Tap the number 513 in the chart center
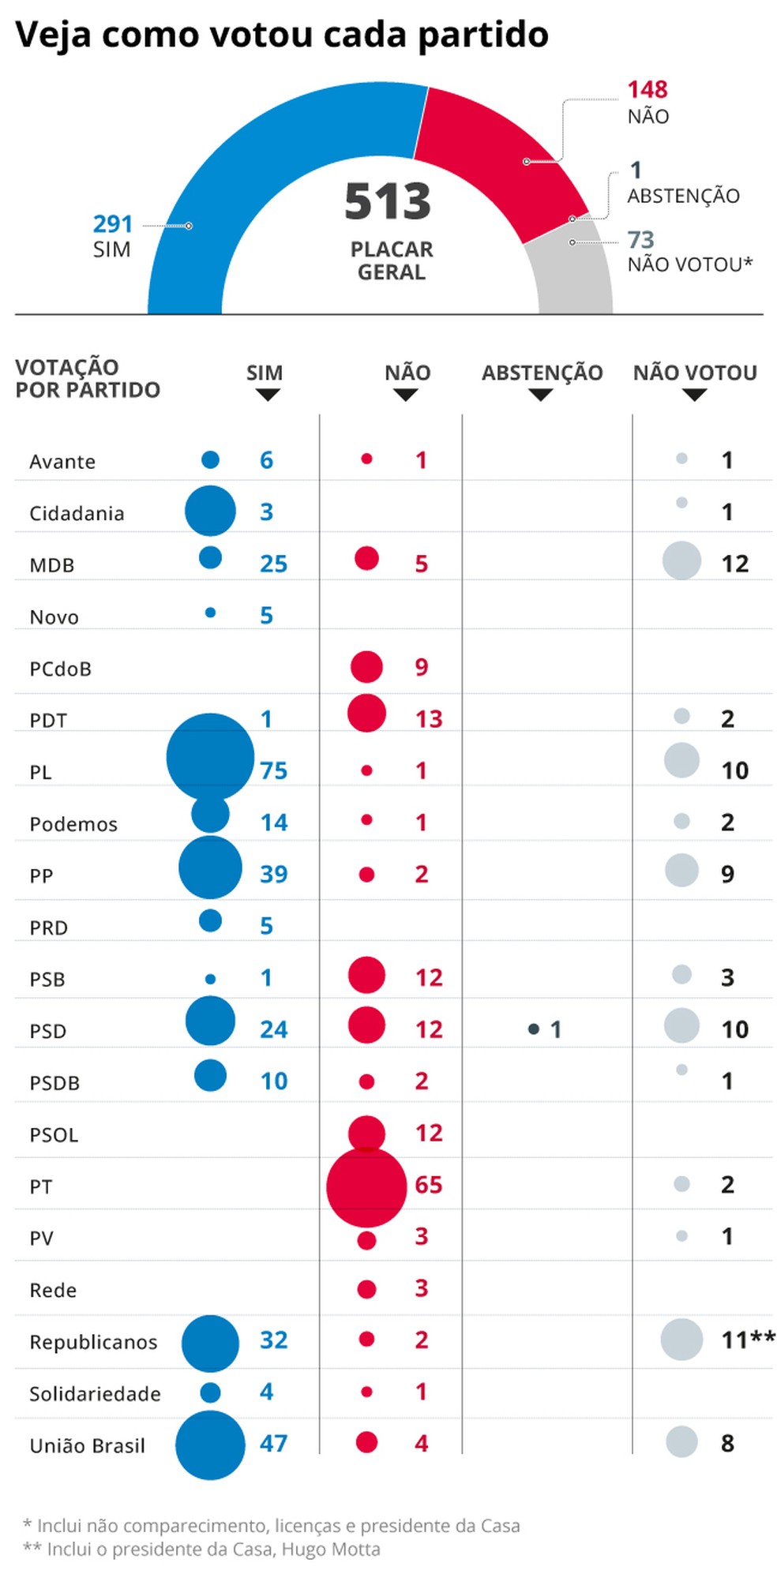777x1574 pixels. (388, 201)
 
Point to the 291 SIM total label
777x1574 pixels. (112, 224)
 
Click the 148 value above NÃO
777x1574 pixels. (647, 90)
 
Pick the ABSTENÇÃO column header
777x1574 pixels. (542, 373)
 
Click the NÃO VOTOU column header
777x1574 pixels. (695, 373)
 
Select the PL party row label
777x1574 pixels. (40, 772)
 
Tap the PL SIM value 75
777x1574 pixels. (274, 770)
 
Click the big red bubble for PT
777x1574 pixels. (366, 1186)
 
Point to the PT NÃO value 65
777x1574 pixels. (429, 1185)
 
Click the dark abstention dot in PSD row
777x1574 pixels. (534, 1029)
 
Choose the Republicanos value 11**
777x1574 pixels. (747, 1340)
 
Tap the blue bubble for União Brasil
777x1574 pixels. (210, 1445)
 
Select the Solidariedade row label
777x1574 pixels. (95, 1393)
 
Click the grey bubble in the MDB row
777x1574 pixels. (681, 560)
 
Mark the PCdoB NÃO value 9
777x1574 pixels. (422, 667)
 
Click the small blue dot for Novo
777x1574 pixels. (210, 612)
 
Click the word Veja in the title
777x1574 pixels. (52, 35)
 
